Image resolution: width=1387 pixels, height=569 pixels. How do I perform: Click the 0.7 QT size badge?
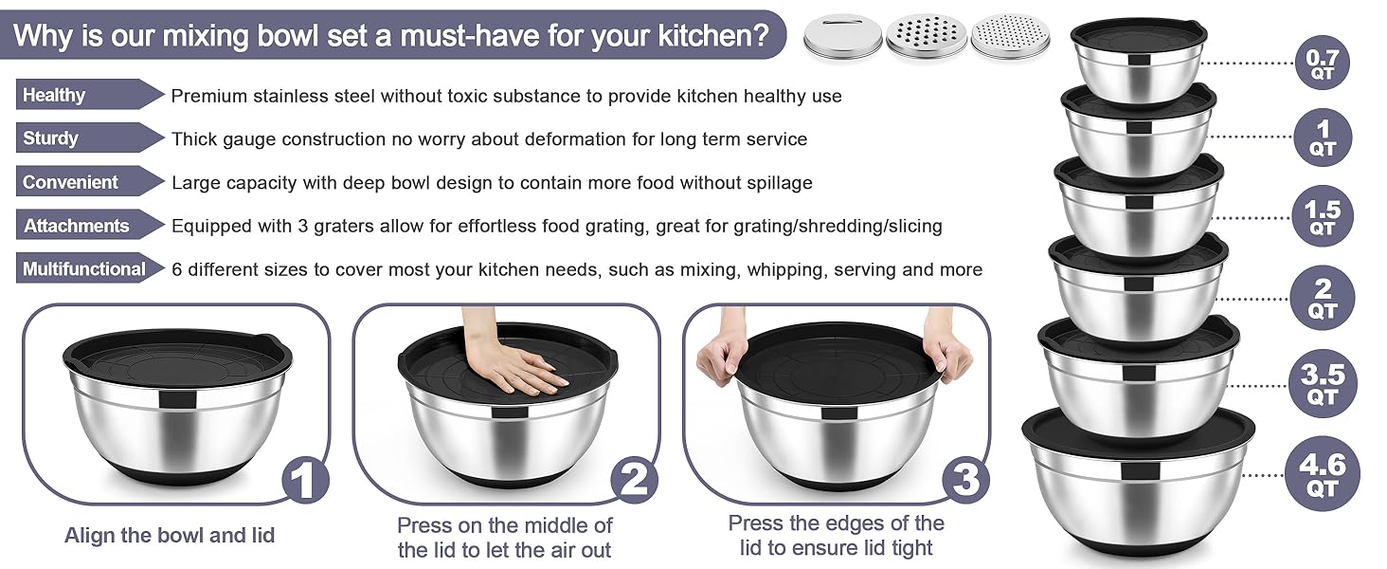point(1322,64)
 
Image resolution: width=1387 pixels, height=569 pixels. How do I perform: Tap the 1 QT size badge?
point(1323,138)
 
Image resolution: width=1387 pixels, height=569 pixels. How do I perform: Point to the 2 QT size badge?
point(1323,299)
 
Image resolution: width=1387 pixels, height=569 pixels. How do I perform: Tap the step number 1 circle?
point(303,480)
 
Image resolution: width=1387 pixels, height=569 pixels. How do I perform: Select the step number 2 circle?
point(634,480)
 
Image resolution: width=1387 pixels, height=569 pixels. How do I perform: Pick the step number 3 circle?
point(964,480)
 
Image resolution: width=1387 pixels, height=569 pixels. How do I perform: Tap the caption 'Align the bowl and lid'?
point(170,535)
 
